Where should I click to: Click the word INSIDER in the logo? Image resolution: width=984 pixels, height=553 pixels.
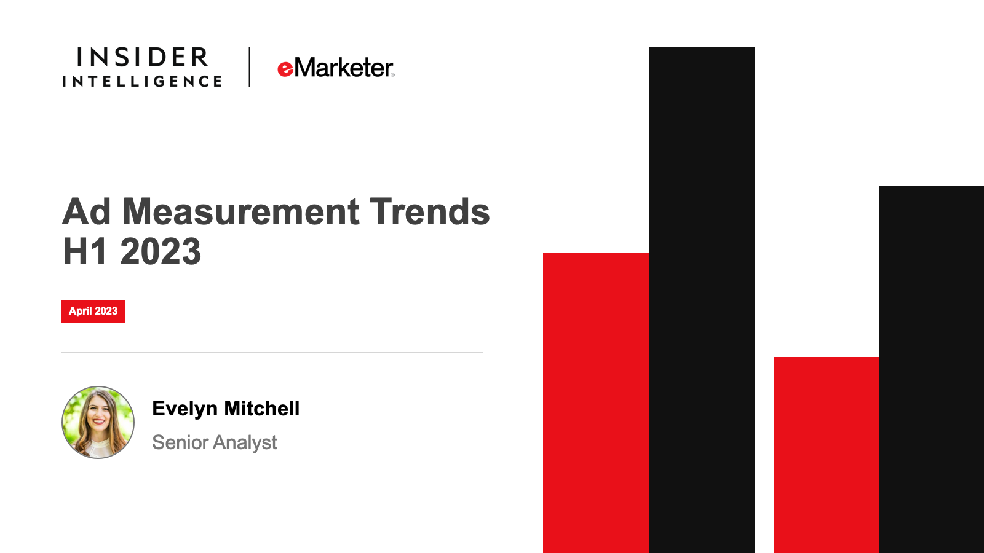pos(142,58)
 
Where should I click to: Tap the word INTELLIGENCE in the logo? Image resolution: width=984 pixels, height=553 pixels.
pos(142,81)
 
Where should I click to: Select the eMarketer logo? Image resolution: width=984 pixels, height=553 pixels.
pos(336,68)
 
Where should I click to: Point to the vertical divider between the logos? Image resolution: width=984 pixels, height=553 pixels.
pos(250,67)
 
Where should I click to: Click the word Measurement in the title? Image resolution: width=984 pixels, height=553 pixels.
pos(241,211)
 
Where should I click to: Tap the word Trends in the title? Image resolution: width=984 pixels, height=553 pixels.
pos(430,211)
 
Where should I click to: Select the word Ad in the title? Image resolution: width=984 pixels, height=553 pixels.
pos(87,211)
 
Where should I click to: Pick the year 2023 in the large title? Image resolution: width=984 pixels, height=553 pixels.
pos(161,251)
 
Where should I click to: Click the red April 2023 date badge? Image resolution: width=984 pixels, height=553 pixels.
pos(93,312)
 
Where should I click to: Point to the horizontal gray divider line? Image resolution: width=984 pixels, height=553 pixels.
pos(272,353)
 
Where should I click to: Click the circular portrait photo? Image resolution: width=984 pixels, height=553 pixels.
pos(98,422)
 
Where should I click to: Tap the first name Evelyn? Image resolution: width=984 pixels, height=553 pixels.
pos(185,409)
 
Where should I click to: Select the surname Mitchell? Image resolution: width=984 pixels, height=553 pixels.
pos(262,408)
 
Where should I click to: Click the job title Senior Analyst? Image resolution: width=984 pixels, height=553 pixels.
pos(215,442)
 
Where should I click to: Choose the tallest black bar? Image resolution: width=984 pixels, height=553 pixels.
pos(702,300)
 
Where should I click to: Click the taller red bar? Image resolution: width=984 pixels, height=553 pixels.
pos(596,403)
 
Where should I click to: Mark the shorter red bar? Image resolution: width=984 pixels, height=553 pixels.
pos(827,455)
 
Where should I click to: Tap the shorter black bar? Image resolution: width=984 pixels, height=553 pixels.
pos(932,369)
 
